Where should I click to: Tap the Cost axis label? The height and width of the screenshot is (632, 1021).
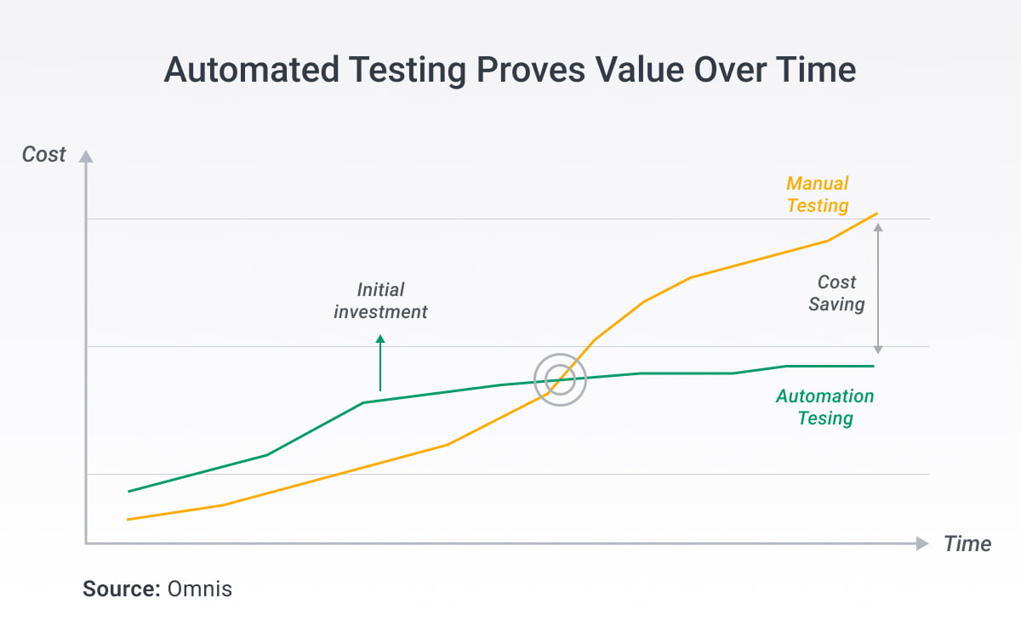[43, 155]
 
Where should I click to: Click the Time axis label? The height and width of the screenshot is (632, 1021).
[967, 544]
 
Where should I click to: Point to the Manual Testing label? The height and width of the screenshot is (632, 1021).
[818, 195]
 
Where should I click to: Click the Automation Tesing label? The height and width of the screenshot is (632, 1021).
[824, 407]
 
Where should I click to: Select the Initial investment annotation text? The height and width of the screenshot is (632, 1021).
[380, 301]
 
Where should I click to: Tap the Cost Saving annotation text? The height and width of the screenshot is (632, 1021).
[836, 293]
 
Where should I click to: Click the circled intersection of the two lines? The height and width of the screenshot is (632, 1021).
[560, 379]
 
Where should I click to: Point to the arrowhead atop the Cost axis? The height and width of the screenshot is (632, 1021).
[85, 157]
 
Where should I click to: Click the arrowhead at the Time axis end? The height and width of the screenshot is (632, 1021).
[921, 544]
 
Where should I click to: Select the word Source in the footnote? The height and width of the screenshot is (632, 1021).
[121, 589]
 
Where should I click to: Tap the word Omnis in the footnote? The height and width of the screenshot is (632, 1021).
[199, 589]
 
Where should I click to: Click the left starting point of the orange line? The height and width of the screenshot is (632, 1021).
[128, 520]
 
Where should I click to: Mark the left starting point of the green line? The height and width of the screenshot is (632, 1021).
[128, 492]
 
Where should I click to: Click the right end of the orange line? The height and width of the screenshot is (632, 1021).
[876, 214]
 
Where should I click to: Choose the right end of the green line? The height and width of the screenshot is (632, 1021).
[873, 366]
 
